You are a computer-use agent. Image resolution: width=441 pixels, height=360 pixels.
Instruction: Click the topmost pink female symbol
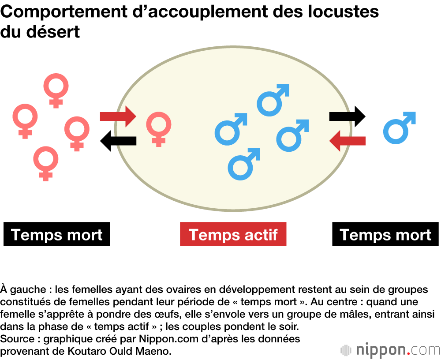[56, 89]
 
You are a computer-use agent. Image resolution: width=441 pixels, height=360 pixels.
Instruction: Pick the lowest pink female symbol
[45, 162]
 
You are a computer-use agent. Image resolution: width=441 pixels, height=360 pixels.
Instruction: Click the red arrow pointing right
[118, 116]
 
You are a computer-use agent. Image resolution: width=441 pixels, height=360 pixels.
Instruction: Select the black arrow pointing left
[118, 141]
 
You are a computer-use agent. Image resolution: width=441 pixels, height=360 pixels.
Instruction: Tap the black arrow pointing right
[348, 116]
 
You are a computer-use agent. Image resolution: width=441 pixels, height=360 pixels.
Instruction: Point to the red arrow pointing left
[348, 141]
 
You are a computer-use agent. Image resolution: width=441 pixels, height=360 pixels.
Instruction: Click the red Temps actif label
[233, 234]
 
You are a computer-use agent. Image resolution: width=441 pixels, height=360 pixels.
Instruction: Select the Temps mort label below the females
[56, 234]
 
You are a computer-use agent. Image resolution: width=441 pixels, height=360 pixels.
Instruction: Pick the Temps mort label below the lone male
[385, 234]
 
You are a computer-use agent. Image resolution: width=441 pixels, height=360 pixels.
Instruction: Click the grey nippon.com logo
[390, 350]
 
